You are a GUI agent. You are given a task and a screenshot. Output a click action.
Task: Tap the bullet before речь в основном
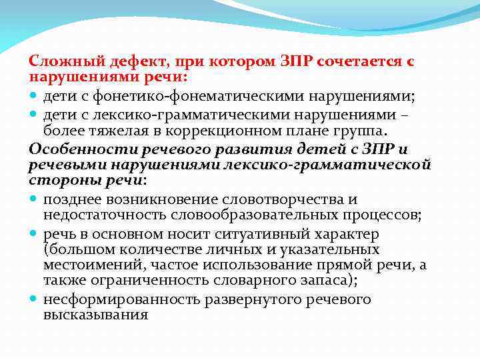34,235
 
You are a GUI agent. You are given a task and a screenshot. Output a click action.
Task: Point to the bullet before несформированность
34,300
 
